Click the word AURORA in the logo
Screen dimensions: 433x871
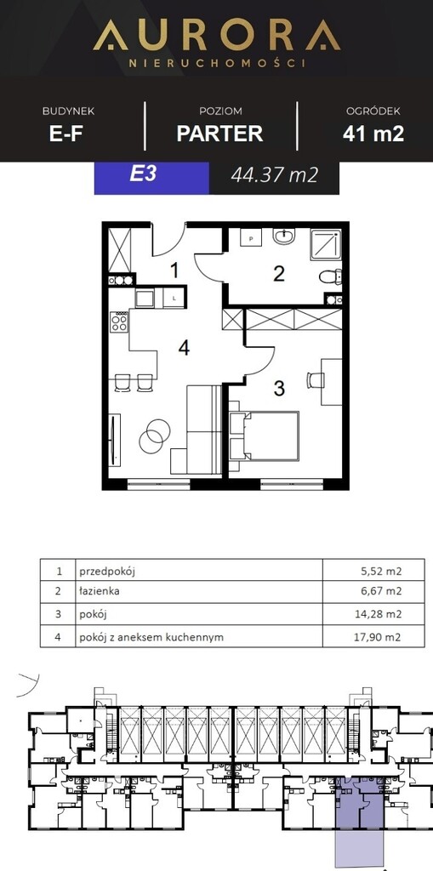click(x=217, y=35)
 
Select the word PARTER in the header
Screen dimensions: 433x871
click(x=220, y=134)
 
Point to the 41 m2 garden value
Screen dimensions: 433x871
click(x=373, y=134)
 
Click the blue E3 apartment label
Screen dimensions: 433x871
click(x=144, y=174)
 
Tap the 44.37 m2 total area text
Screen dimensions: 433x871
click(x=275, y=175)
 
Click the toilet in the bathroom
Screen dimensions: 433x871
click(x=331, y=276)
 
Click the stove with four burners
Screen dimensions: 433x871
click(x=119, y=322)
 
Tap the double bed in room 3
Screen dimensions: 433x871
click(x=264, y=435)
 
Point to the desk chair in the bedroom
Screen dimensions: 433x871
click(x=315, y=380)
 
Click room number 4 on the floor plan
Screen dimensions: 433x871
click(x=184, y=348)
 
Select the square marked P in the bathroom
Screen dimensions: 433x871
click(x=251, y=238)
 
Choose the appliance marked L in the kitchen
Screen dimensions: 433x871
click(x=174, y=299)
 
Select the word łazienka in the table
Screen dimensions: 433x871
click(x=100, y=591)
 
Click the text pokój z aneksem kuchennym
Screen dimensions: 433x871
click(x=151, y=637)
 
